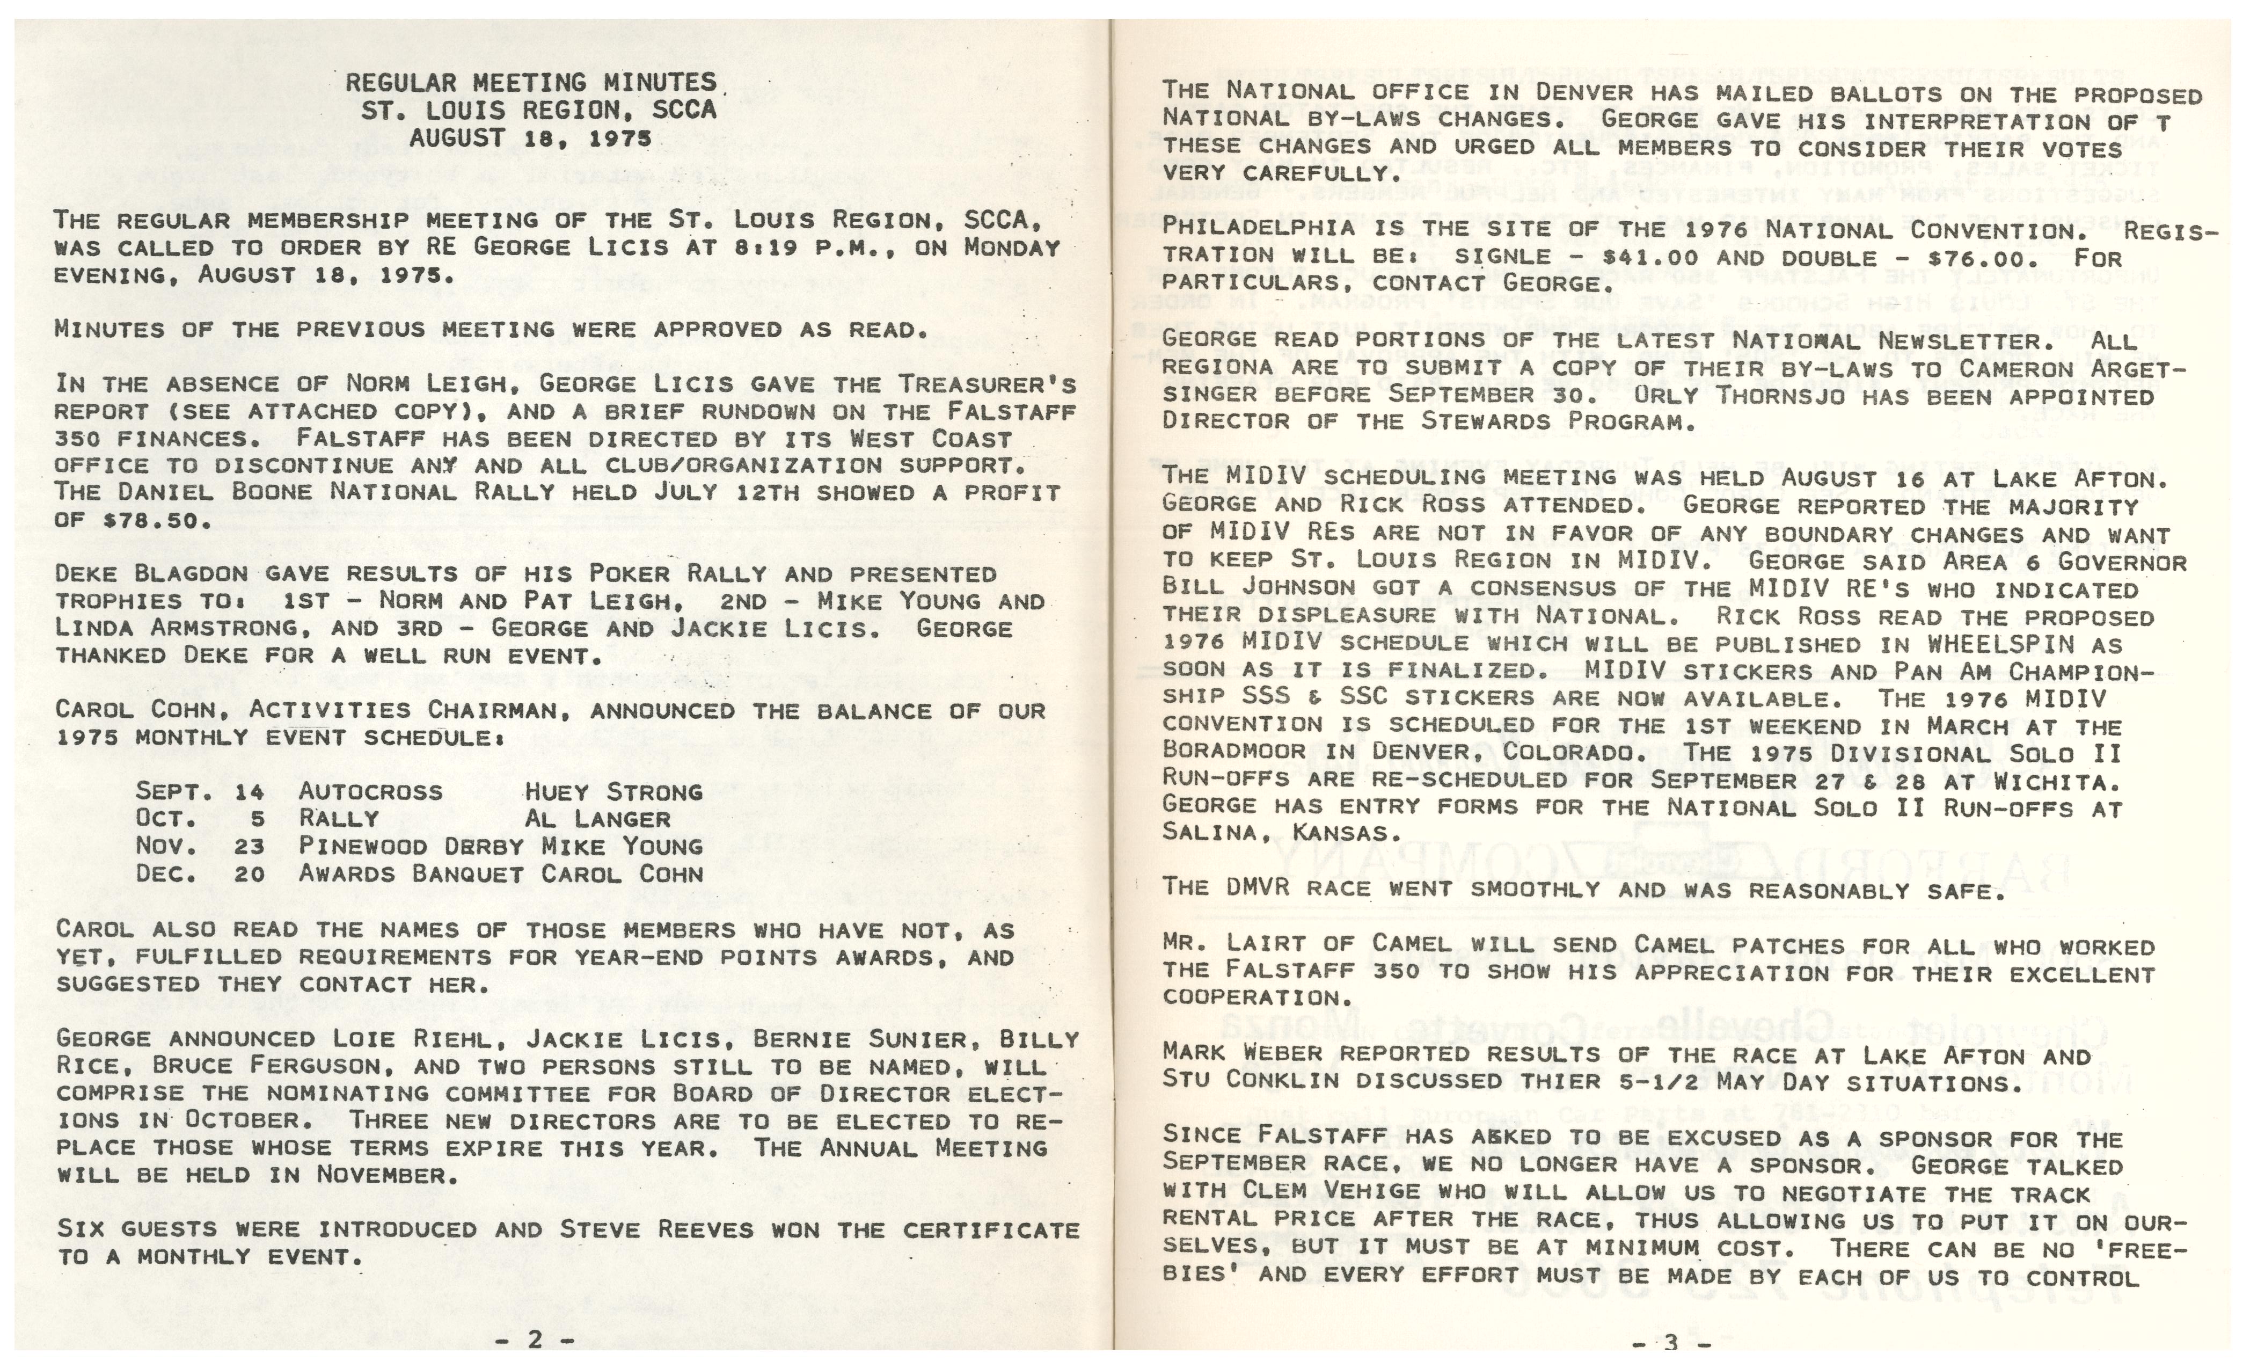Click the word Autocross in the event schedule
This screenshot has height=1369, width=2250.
[370, 792]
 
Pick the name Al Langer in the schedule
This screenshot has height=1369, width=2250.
[597, 819]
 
